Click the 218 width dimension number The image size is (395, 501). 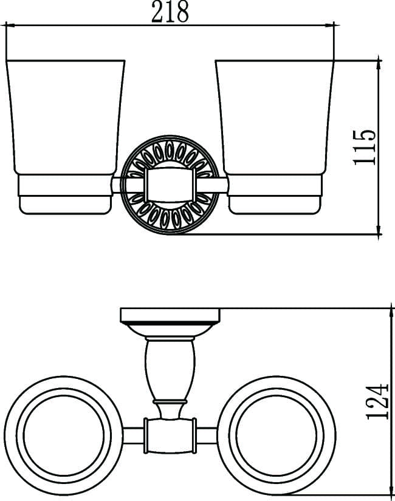[x=170, y=12]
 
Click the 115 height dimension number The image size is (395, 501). [x=364, y=147]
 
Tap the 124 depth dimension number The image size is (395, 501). [x=377, y=401]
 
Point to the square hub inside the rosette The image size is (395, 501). [x=170, y=185]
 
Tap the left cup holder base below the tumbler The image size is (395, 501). [x=65, y=194]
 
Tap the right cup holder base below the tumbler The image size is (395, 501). [x=275, y=194]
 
